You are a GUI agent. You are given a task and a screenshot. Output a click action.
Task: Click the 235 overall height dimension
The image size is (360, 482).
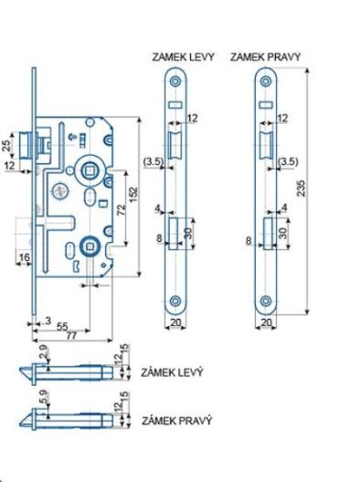(301, 188)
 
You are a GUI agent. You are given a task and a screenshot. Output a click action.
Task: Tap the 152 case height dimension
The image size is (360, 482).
(134, 195)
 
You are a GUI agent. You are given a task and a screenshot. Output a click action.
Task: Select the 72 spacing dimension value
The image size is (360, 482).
(122, 209)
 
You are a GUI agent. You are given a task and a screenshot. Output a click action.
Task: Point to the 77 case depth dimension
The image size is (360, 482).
(71, 336)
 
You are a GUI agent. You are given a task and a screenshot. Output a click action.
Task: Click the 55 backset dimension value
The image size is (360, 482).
(62, 327)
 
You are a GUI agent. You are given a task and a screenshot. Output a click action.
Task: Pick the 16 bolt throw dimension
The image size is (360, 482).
(25, 257)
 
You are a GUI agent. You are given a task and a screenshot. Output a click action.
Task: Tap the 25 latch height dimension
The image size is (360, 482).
(7, 145)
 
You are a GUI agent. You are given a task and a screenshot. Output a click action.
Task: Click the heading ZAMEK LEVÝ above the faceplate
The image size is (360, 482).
(183, 57)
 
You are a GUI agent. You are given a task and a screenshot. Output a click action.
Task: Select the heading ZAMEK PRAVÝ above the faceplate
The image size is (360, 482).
(265, 57)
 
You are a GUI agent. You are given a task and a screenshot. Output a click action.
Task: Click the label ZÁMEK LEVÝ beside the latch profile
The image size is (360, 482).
(172, 372)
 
